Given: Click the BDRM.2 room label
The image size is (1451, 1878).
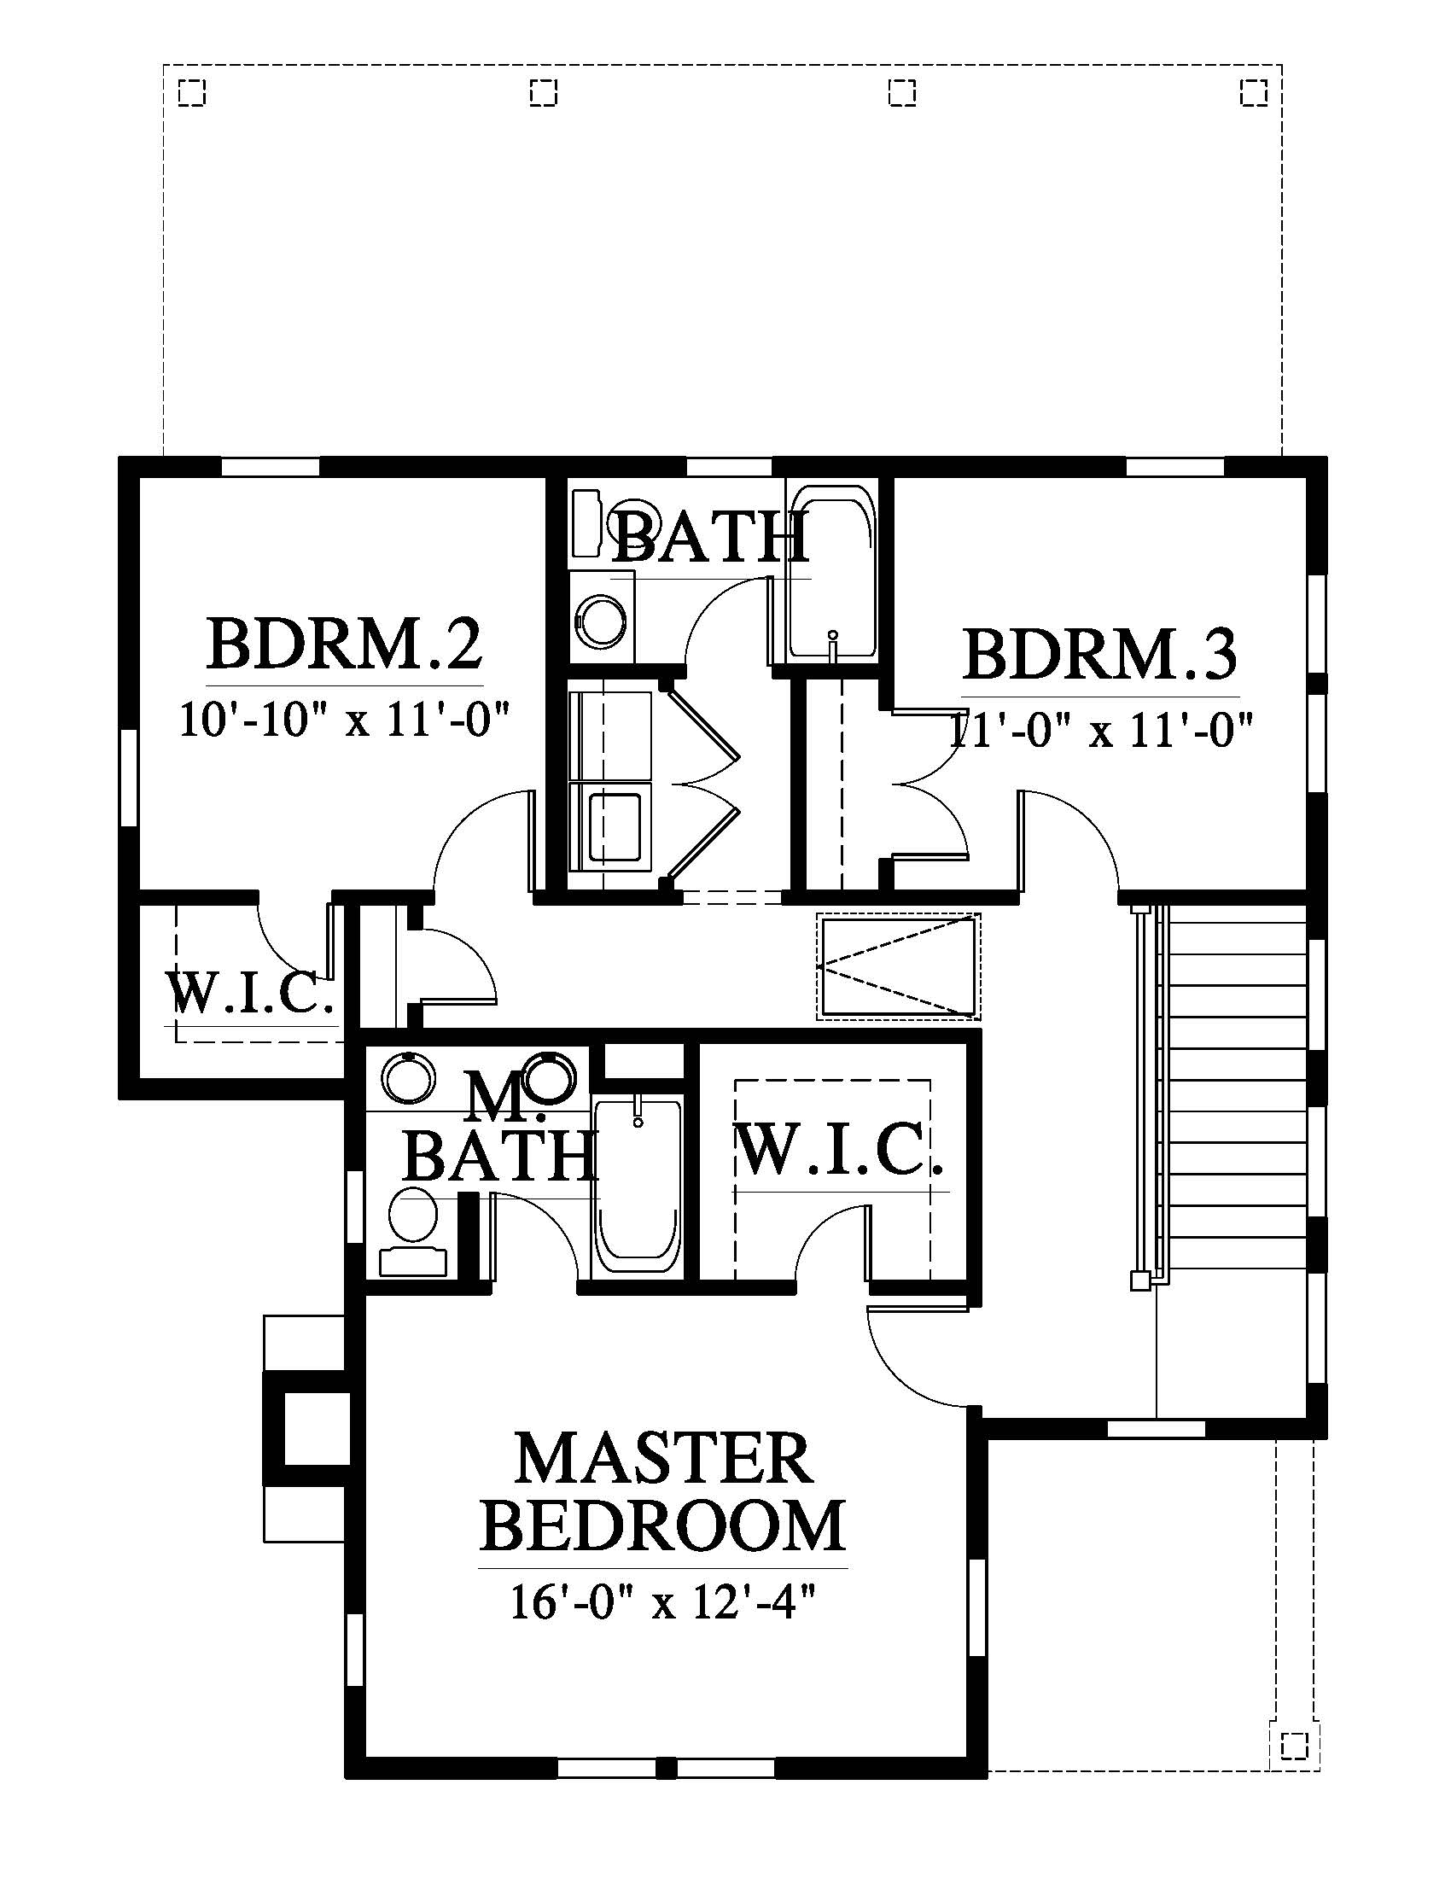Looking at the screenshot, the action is click(x=344, y=644).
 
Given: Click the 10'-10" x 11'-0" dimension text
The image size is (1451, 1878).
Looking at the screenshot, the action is click(x=345, y=719).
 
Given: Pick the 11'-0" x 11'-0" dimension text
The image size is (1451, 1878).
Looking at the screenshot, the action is click(x=1100, y=731).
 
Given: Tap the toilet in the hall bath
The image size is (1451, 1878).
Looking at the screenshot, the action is click(x=603, y=616).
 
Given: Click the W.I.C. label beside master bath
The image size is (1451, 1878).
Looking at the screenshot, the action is click(x=841, y=1150).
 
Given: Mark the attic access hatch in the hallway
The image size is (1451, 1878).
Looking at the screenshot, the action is click(x=898, y=966).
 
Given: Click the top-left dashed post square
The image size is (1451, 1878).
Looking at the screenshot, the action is click(x=192, y=92).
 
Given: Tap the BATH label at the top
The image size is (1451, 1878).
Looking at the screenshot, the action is click(x=711, y=539).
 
